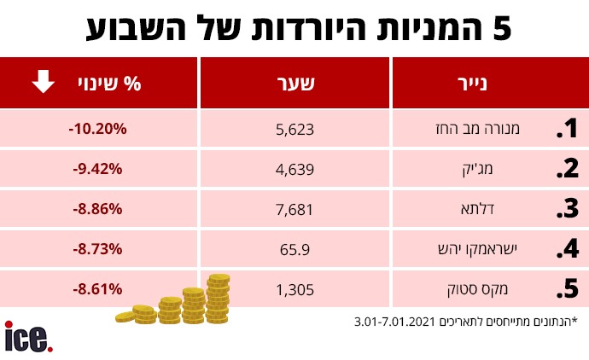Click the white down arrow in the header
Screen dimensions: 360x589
pyautogui.click(x=43, y=83)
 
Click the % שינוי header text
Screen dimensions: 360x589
pyautogui.click(x=120, y=84)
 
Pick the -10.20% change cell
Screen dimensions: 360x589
pyautogui.click(x=97, y=129)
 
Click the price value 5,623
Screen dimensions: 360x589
pyautogui.click(x=296, y=130)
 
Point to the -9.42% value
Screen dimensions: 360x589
pyautogui.click(x=97, y=169)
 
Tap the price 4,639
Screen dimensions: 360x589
pyautogui.click(x=296, y=170)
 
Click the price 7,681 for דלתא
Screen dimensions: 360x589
pyautogui.click(x=296, y=210)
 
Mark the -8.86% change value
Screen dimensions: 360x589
pyautogui.click(x=97, y=209)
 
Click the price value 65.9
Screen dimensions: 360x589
pyautogui.click(x=296, y=250)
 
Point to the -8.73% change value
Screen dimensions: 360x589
pyautogui.click(x=97, y=249)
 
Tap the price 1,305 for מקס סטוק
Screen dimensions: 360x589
pyautogui.click(x=296, y=290)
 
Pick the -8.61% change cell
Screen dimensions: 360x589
pyautogui.click(x=97, y=289)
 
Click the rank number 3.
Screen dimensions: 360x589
pyautogui.click(x=568, y=210)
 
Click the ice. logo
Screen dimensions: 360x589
pyautogui.click(x=28, y=337)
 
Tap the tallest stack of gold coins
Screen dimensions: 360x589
pyautogui.click(x=218, y=299)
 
